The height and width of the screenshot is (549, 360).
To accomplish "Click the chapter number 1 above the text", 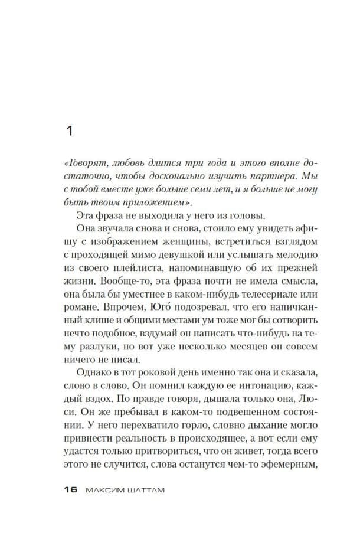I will pos(70,131).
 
